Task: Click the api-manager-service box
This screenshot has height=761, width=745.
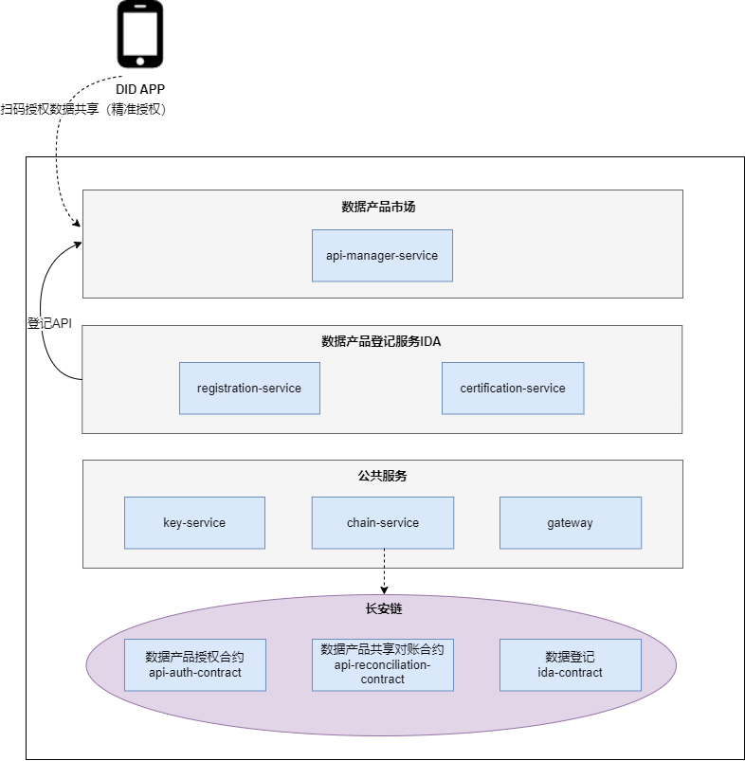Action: (x=382, y=255)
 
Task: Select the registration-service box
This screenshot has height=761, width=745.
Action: (x=249, y=388)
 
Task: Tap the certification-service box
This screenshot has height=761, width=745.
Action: (x=513, y=388)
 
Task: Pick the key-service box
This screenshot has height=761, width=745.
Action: (x=194, y=522)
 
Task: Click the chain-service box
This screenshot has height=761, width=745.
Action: (x=383, y=522)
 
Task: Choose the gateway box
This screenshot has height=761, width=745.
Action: (x=571, y=522)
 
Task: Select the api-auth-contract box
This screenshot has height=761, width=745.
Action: (x=195, y=664)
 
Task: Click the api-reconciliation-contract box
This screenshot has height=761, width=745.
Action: (x=383, y=664)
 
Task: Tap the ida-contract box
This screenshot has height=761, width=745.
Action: (x=571, y=664)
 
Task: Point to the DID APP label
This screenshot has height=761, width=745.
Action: (x=140, y=89)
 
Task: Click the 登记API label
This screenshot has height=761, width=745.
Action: (x=49, y=323)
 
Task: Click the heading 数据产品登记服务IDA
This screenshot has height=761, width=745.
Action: (x=381, y=341)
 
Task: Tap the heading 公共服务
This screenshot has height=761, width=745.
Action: (x=383, y=476)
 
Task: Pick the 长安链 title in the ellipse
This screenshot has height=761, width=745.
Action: (x=383, y=608)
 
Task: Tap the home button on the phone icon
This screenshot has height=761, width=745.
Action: (x=140, y=60)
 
